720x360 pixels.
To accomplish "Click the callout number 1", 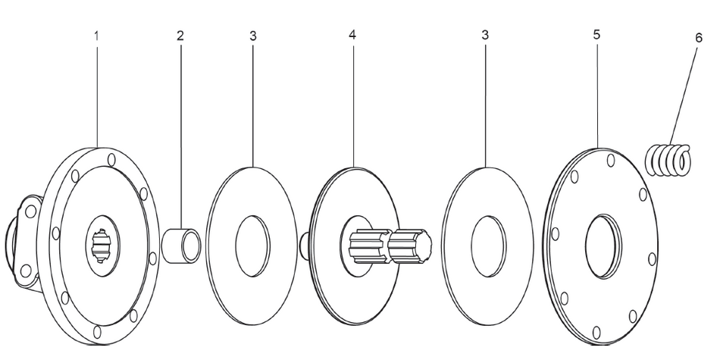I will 97,36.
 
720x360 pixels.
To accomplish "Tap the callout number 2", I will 180,36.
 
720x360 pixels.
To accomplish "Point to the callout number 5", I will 598,36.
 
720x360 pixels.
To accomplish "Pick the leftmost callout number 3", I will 252,36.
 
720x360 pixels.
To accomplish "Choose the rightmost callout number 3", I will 485,36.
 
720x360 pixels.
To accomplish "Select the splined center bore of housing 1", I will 102,244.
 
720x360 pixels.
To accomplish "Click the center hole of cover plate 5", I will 604,244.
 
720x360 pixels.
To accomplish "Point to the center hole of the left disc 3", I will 252,246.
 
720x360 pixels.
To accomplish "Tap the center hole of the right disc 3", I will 488,246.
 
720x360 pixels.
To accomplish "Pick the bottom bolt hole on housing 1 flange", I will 97,332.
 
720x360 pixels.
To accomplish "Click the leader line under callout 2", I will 180,136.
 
